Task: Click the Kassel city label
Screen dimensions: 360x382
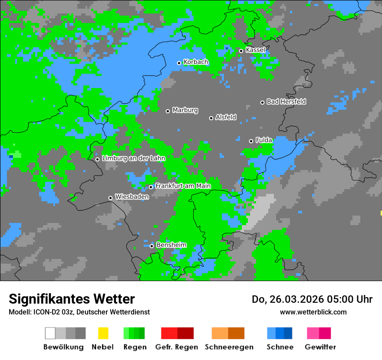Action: point(255,50)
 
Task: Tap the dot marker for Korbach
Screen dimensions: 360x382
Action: point(179,63)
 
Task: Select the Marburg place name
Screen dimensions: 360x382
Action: point(185,110)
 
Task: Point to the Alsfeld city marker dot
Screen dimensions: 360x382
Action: point(211,118)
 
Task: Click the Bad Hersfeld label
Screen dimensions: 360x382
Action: point(286,101)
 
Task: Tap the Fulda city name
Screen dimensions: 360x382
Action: point(263,140)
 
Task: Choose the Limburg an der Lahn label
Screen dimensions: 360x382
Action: point(133,158)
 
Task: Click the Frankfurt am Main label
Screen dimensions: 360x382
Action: point(183,186)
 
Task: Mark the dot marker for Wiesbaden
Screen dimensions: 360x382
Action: point(110,198)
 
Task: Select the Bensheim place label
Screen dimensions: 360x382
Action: point(171,245)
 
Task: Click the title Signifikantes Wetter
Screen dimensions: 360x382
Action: point(72,299)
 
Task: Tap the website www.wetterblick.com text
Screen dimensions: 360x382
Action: point(313,312)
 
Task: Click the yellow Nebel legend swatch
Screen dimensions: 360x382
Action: point(103,333)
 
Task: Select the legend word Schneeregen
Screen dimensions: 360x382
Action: point(229,347)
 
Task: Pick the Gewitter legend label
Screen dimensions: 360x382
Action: point(320,347)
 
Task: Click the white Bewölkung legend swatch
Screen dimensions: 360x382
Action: point(50,333)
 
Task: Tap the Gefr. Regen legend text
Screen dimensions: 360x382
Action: point(176,347)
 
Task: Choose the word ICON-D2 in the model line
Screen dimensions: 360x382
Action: point(44,312)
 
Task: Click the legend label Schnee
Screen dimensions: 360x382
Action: point(280,347)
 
